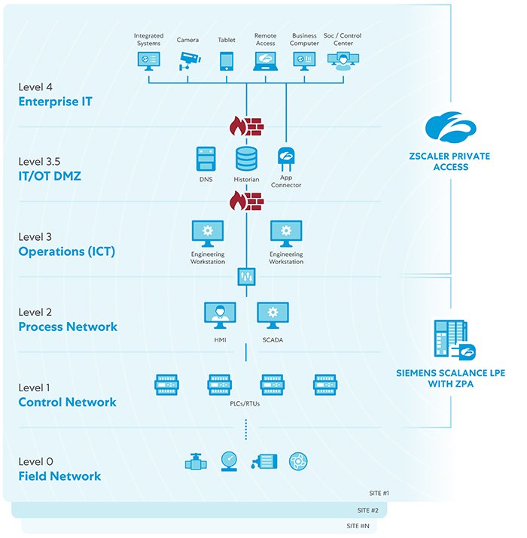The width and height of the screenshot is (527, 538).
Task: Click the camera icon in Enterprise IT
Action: coord(187,60)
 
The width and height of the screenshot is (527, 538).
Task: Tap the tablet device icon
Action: coord(227,61)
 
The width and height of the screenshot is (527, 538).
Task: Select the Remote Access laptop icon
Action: coord(265,61)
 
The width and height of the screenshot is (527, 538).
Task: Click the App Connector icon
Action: coord(286,159)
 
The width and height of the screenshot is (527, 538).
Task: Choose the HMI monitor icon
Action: coord(220,315)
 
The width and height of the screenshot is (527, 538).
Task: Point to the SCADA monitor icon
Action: coord(273,315)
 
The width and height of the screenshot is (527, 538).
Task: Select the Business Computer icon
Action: coord(305,61)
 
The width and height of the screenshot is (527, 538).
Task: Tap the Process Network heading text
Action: coord(68,327)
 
